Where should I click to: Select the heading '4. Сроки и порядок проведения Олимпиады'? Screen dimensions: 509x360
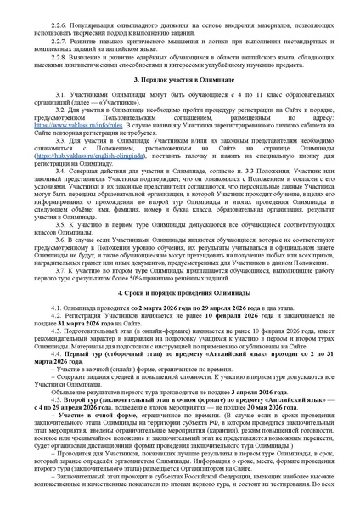point(179,292)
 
